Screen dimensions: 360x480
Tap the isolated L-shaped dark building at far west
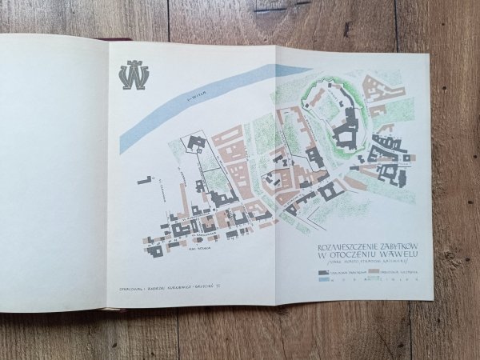pos(144,181)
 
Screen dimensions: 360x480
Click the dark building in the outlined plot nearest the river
pos(196,144)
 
